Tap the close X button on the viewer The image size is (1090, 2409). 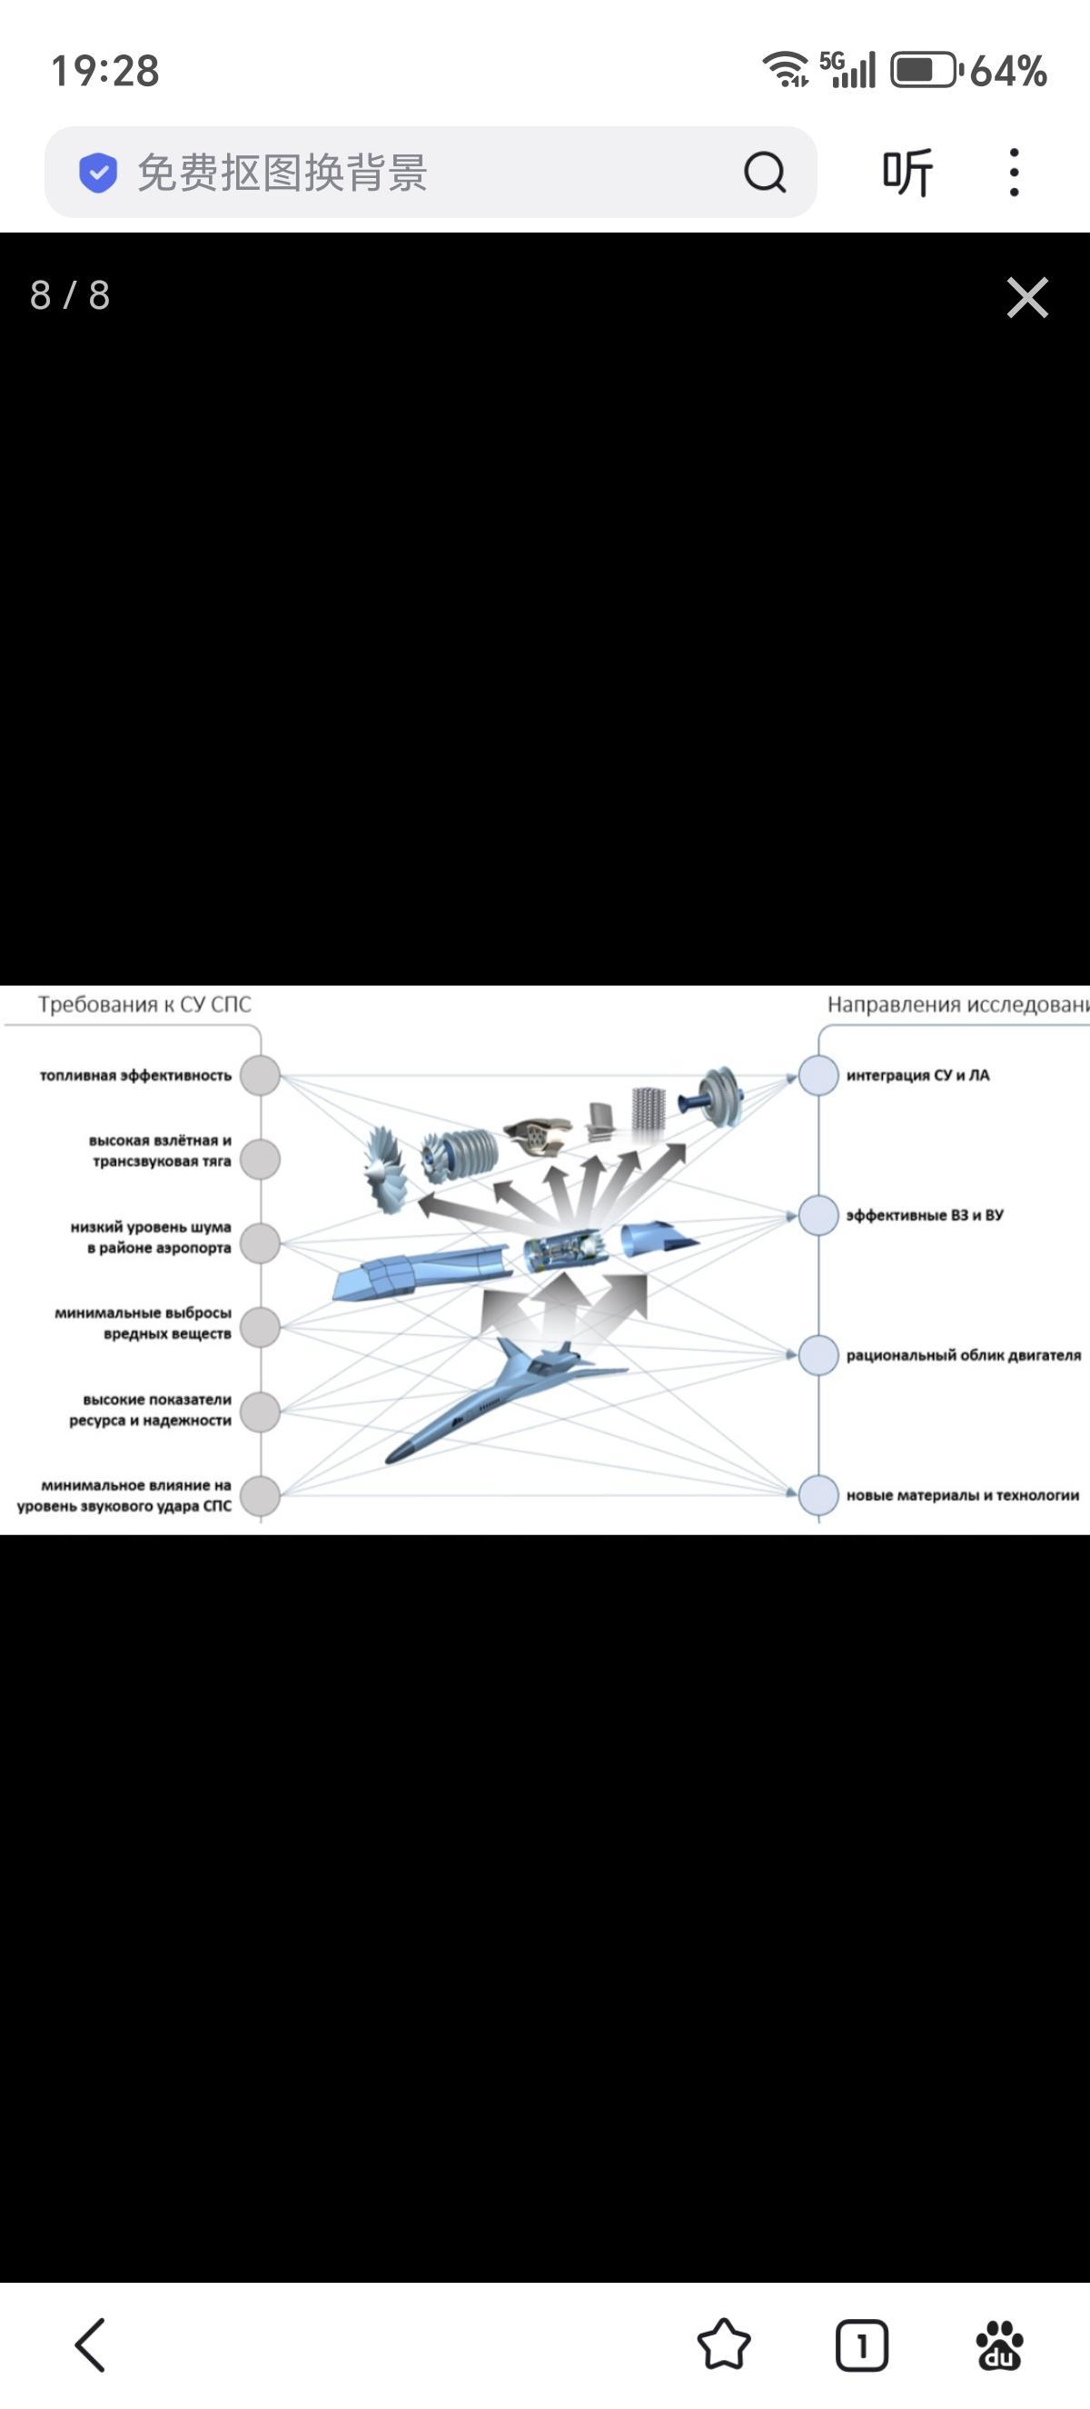[1026, 297]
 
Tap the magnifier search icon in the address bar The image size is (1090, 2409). [765, 172]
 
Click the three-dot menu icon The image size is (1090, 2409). [1015, 172]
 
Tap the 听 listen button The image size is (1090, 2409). [907, 172]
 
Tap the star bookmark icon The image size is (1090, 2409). [724, 2345]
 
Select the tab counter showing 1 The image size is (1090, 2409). [861, 2345]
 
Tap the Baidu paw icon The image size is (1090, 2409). [999, 2345]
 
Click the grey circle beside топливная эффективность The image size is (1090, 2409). [261, 1076]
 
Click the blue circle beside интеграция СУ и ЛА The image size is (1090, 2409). [818, 1076]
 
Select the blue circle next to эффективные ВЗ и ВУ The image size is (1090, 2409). [818, 1214]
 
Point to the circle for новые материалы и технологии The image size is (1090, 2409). [818, 1494]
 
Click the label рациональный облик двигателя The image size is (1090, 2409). [963, 1355]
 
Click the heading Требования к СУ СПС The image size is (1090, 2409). [145, 1005]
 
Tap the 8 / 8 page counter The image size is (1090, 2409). [70, 295]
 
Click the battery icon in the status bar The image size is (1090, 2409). [924, 70]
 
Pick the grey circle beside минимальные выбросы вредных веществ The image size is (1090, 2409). [261, 1326]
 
